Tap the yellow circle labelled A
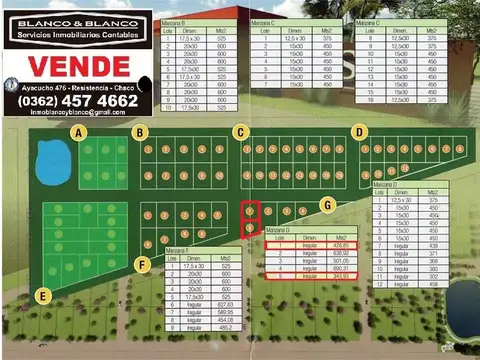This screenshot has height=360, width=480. click(x=79, y=132)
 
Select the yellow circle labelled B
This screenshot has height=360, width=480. click(x=141, y=132)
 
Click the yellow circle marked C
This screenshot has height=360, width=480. click(x=240, y=132)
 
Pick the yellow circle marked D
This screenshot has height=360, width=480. click(x=358, y=132)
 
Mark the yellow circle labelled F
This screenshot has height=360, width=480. click(x=144, y=264)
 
